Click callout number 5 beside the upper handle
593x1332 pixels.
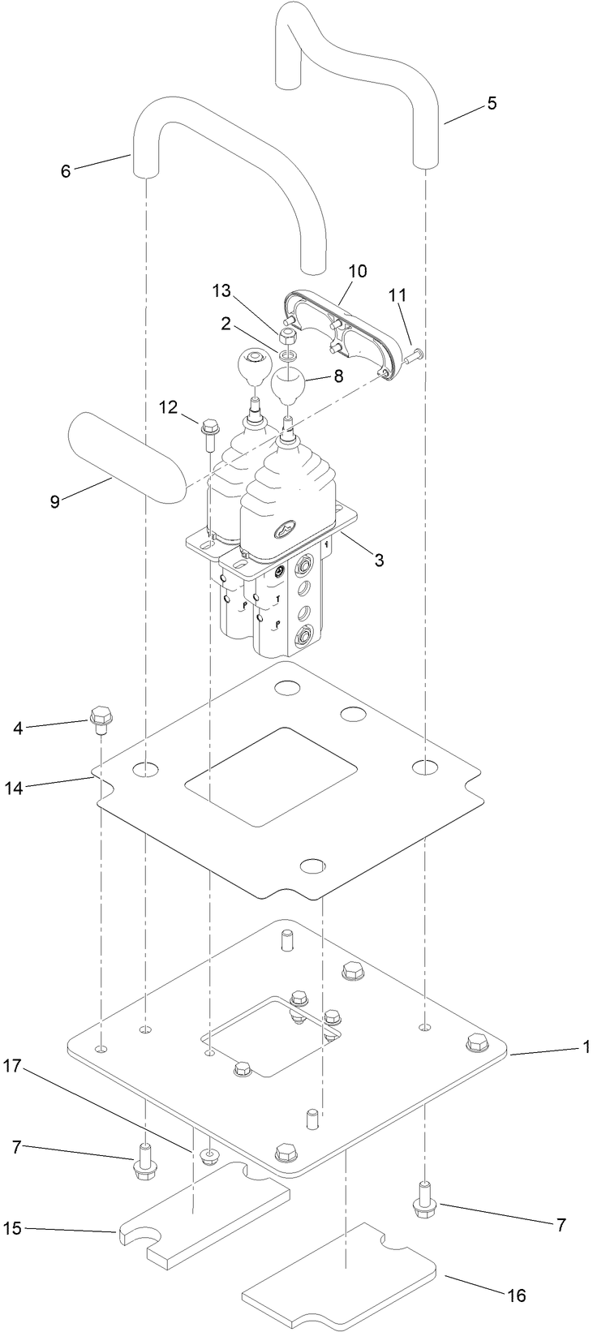[492, 104]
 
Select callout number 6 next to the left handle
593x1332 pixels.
[67, 170]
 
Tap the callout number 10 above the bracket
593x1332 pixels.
[358, 270]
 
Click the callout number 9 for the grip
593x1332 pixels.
[55, 501]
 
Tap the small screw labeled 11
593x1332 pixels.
[415, 353]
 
